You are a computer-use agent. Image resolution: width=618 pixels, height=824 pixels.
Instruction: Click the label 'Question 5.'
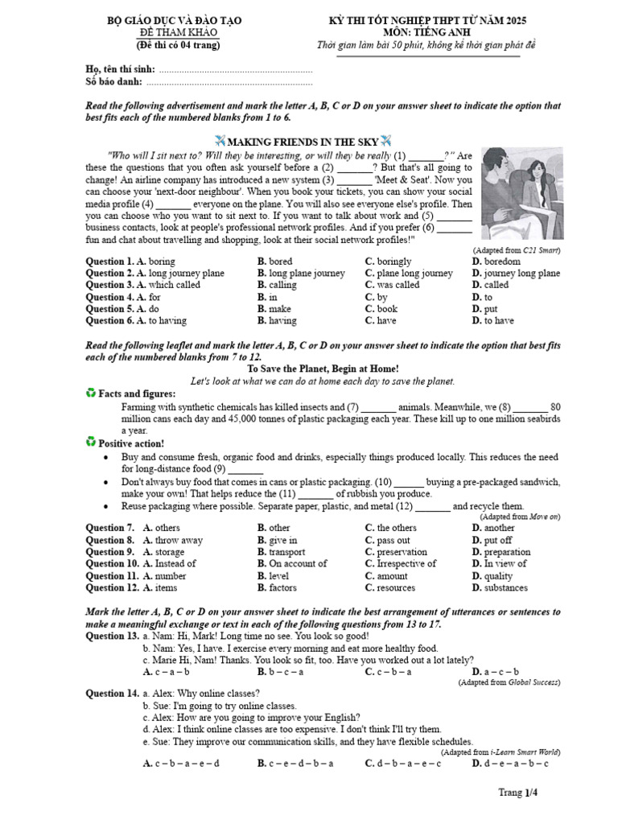(109, 309)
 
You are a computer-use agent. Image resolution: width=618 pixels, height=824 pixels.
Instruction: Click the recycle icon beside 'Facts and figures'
(90, 393)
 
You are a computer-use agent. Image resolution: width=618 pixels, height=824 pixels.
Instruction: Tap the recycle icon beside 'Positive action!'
(90, 443)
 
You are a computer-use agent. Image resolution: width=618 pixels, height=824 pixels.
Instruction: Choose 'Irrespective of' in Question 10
(401, 564)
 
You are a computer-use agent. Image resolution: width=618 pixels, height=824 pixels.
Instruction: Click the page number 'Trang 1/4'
(517, 793)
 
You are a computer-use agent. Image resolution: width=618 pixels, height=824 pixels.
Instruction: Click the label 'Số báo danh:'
(114, 81)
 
